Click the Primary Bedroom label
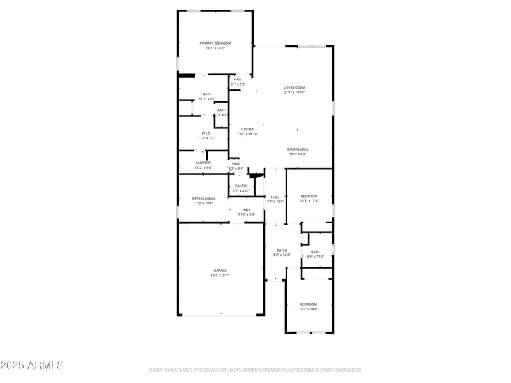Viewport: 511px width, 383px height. click(215, 43)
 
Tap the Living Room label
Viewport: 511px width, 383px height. click(294, 87)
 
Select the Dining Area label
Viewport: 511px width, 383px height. click(297, 149)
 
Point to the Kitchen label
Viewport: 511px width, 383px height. click(247, 129)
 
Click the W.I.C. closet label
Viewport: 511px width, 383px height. click(206, 133)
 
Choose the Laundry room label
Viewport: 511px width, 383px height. click(203, 163)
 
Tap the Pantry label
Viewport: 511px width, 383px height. click(241, 186)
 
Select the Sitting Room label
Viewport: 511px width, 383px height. click(204, 199)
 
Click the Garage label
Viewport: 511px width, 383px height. click(220, 271)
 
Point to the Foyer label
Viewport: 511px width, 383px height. click(282, 250)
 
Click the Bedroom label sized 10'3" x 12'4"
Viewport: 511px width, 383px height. click(309, 196)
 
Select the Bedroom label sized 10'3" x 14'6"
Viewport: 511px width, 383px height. click(309, 304)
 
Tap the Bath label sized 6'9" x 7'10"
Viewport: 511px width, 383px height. click(315, 252)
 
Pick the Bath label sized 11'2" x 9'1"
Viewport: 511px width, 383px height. click(207, 94)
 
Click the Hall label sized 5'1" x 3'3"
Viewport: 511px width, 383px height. click(238, 79)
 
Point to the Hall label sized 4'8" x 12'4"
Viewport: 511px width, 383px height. click(275, 197)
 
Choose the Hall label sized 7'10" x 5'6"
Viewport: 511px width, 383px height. click(247, 209)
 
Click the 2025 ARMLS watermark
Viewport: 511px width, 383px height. click(32, 365)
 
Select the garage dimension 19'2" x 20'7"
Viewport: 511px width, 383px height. click(220, 275)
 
